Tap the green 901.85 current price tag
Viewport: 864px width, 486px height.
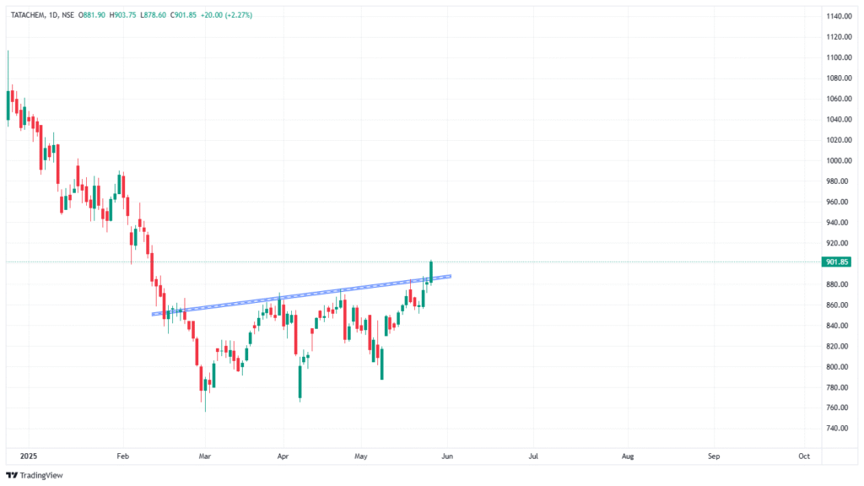tap(838, 262)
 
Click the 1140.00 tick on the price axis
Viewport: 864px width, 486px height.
tap(838, 16)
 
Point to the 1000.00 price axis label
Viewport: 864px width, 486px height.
tap(838, 160)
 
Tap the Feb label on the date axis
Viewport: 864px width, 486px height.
tap(123, 456)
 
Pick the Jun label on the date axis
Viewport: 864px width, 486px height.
tap(447, 456)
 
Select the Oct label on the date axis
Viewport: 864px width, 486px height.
tap(804, 456)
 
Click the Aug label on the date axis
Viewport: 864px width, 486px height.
tap(628, 456)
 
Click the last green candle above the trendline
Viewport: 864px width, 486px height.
tap(431, 271)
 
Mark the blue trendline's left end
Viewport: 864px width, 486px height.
tap(154, 314)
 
